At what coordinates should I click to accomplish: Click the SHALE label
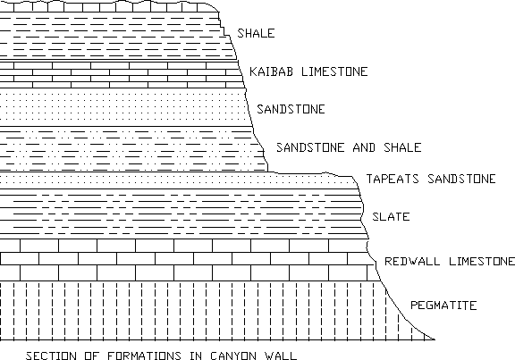pyautogui.click(x=256, y=33)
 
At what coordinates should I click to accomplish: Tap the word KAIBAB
pyautogui.click(x=271, y=71)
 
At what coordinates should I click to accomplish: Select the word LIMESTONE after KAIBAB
pyautogui.click(x=334, y=71)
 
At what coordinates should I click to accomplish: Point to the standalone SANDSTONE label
pyautogui.click(x=291, y=109)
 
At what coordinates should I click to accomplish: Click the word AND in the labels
pyautogui.click(x=364, y=147)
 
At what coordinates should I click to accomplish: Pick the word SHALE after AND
pyautogui.click(x=402, y=147)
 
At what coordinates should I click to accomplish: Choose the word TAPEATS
pyautogui.click(x=393, y=179)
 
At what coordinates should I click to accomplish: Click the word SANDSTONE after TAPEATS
pyautogui.click(x=461, y=179)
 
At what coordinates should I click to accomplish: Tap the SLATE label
pyautogui.click(x=391, y=216)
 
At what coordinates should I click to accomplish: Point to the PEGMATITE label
pyautogui.click(x=443, y=306)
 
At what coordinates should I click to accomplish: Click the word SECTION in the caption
pyautogui.click(x=51, y=356)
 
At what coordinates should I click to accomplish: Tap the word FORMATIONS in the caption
pyautogui.click(x=144, y=356)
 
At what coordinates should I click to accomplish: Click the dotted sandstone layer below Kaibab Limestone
pyautogui.click(x=125, y=107)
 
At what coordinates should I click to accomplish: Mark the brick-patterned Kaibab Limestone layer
pyautogui.click(x=121, y=74)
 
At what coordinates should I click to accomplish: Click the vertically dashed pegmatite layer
pyautogui.click(x=197, y=311)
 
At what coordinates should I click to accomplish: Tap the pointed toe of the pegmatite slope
pyautogui.click(x=435, y=339)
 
